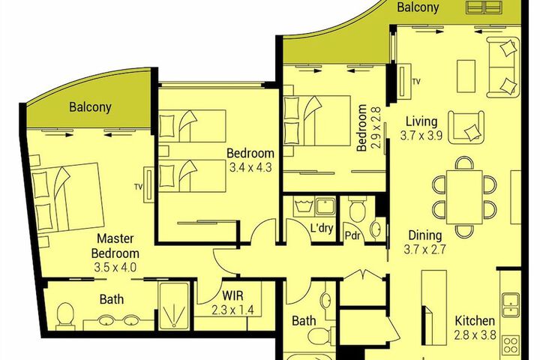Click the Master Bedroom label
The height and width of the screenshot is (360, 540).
point(115,246)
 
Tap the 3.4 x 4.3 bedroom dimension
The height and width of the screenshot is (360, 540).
point(250,168)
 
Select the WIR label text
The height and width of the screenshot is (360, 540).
point(232,295)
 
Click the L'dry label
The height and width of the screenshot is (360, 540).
point(322,228)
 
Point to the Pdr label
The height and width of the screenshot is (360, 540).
point(352,235)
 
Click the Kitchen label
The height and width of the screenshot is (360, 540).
point(475,321)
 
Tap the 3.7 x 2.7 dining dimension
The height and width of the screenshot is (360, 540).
point(425,249)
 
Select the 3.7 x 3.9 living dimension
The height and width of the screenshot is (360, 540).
point(421,136)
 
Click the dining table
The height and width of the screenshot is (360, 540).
point(464,196)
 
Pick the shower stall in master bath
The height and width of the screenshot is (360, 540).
point(174,306)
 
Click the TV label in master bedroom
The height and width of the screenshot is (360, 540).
point(138,187)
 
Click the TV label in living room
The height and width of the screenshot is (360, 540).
point(416,82)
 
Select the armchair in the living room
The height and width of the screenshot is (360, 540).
point(466,127)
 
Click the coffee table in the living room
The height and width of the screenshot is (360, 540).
point(466,76)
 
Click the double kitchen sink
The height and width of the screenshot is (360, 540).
point(511,305)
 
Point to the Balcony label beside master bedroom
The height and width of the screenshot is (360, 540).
point(90,107)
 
